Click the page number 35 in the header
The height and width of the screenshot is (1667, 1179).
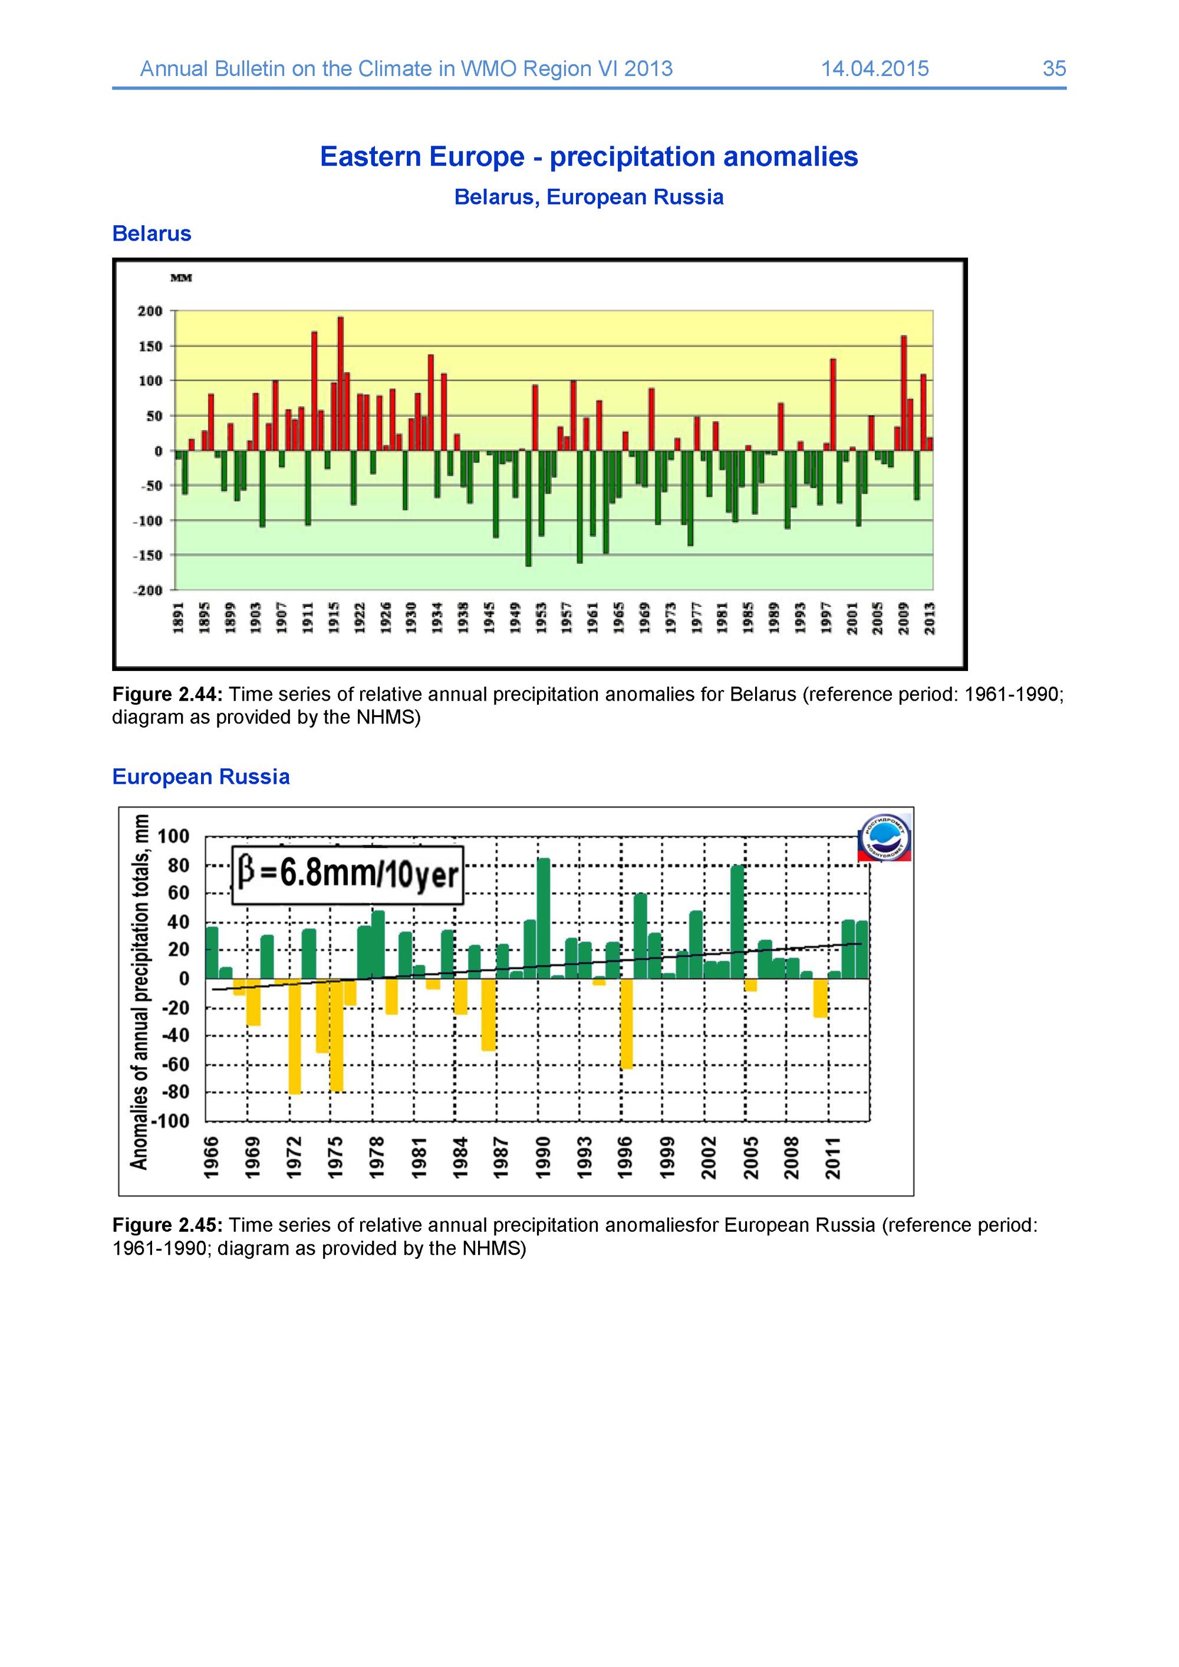coord(1054,68)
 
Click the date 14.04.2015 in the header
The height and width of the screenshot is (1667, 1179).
coord(875,68)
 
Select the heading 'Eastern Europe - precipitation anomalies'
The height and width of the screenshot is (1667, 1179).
coord(589,157)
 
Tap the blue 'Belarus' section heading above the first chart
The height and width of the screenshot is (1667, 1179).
coord(152,233)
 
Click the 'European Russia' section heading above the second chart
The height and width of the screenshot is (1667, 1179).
coord(201,777)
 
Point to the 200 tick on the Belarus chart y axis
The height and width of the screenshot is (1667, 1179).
coord(150,311)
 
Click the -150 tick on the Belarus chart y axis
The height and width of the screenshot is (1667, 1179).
coord(147,555)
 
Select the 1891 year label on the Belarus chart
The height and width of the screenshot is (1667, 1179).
coord(179,617)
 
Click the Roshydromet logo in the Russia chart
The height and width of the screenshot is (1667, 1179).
coord(885,836)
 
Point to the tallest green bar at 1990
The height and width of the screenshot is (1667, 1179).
coord(544,919)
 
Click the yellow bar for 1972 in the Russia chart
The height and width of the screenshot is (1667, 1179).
coord(295,1036)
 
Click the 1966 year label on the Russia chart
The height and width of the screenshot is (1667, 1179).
coord(211,1158)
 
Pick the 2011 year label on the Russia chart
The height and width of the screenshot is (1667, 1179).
coord(834,1158)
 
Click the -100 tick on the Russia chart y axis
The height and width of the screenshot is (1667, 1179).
coord(173,1121)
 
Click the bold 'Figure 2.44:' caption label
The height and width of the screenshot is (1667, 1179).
coord(167,695)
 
